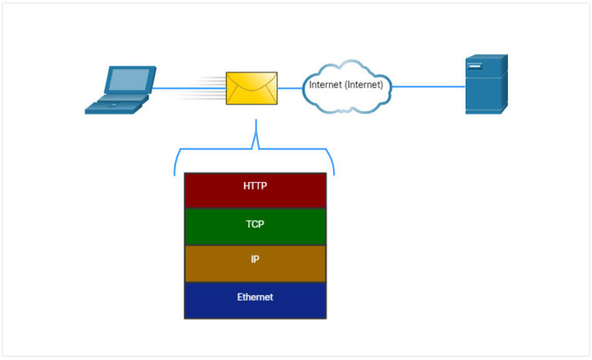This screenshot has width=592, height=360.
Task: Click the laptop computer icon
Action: tap(120, 91)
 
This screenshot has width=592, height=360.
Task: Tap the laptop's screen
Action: tap(129, 80)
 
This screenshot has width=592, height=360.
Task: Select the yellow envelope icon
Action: tap(251, 89)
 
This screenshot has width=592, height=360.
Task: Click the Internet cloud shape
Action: tap(346, 86)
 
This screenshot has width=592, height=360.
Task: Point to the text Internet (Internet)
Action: tap(346, 85)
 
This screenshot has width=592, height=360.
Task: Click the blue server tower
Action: tap(486, 85)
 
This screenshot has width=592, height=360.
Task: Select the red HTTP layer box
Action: tap(254, 190)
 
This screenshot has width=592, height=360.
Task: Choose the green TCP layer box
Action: tap(254, 227)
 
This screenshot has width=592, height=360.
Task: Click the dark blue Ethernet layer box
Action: tap(254, 300)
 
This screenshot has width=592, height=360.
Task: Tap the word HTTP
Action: tap(254, 186)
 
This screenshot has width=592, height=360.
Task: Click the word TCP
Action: tap(254, 222)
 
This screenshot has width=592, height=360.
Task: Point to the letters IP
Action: tap(255, 259)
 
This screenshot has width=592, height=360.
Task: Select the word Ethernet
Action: tap(254, 297)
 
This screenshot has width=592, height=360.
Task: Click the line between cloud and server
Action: tap(429, 86)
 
